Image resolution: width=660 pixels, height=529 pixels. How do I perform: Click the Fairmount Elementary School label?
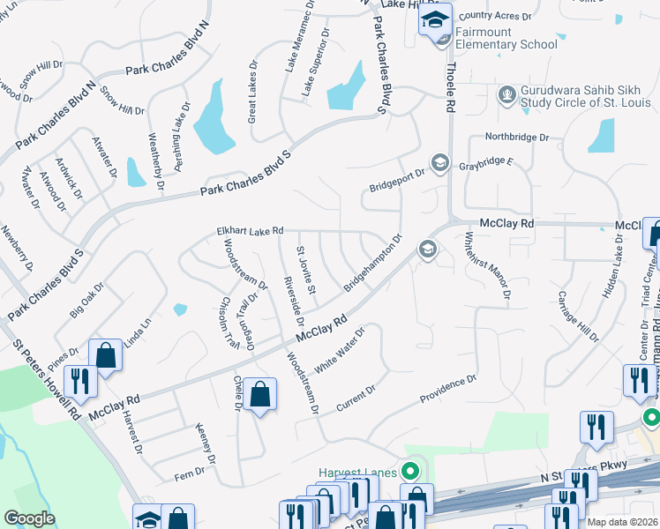tap(507, 38)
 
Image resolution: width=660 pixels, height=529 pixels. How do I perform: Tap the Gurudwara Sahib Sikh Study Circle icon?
tap(507, 94)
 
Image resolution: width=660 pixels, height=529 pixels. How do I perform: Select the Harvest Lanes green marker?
tap(409, 473)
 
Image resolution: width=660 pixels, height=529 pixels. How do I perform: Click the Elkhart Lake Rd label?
tap(250, 231)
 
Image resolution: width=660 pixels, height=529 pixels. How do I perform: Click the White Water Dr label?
tap(340, 358)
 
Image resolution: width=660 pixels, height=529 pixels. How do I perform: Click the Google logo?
tap(30, 518)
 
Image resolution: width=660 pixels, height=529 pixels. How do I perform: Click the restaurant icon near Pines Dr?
tap(79, 381)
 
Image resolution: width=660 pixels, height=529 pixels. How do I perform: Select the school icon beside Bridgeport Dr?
tap(439, 163)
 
